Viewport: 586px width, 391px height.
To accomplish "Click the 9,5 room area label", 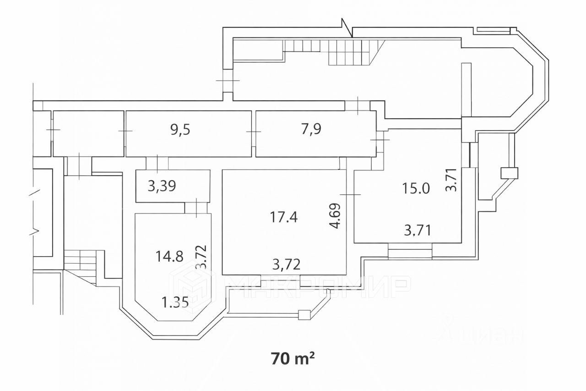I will coord(180,129).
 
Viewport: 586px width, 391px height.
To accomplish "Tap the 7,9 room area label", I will coord(311,129).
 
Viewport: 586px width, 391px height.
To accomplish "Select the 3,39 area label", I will coord(162,186).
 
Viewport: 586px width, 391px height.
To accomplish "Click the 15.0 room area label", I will coord(416,188).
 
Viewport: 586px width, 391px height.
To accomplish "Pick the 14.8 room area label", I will coord(169,256).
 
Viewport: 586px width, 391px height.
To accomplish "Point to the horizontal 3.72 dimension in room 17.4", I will coord(287,264).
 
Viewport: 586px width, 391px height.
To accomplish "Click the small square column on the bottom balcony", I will coord(304,314).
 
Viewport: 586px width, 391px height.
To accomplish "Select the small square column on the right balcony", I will coord(509,173).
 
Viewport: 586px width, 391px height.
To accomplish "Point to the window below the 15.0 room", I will coord(410,252).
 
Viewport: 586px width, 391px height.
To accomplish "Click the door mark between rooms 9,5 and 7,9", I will coord(253,132).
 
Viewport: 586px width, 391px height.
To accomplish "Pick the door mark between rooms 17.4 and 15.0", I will coord(350,195).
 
